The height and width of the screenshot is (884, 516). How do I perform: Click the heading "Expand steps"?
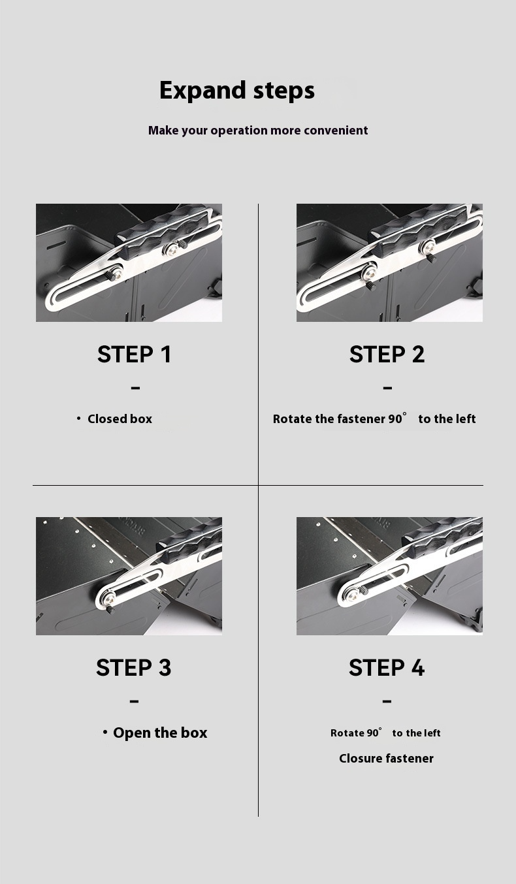tap(236, 90)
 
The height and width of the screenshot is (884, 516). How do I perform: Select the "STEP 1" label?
tap(134, 355)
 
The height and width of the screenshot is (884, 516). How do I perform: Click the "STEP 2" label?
tap(387, 355)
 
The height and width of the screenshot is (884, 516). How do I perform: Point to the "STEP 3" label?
tap(133, 668)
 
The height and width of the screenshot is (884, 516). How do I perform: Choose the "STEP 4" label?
tap(387, 668)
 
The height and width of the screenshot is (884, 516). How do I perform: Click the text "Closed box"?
tap(120, 419)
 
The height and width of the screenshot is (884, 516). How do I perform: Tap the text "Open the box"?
tap(160, 733)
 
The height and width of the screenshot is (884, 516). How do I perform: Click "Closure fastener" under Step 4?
tap(386, 759)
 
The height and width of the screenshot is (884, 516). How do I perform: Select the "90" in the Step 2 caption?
tap(395, 419)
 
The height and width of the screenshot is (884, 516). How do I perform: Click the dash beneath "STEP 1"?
tap(135, 388)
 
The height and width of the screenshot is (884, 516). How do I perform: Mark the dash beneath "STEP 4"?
tap(387, 702)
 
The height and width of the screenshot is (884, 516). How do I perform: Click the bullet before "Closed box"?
tap(79, 418)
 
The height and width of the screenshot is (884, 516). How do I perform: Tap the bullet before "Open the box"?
tap(105, 732)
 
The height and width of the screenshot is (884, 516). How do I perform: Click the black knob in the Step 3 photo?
tap(110, 610)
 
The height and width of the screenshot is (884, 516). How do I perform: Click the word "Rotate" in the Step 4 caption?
tap(347, 733)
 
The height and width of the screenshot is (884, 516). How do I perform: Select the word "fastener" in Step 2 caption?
tap(361, 419)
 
